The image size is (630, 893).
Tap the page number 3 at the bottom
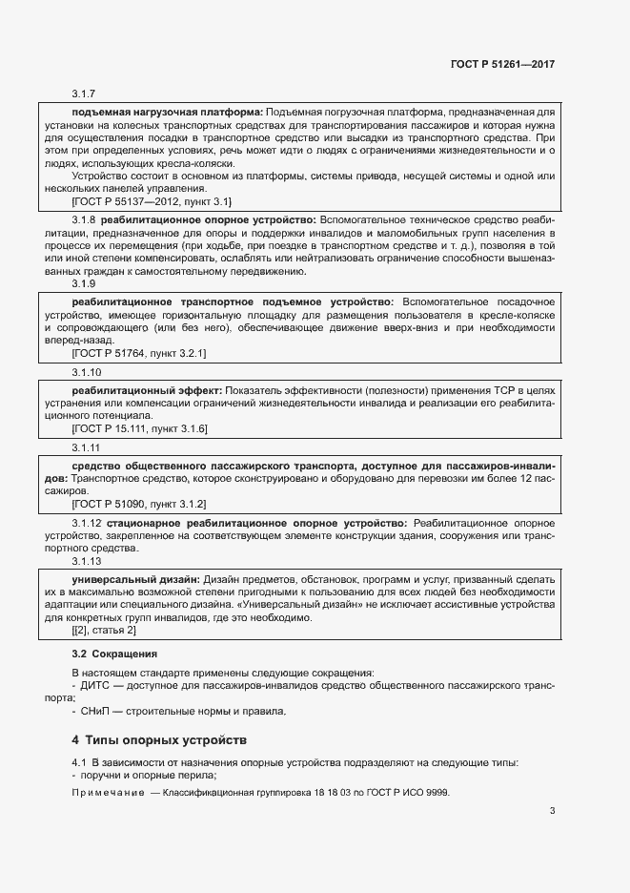552,812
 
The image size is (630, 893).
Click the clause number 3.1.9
84,283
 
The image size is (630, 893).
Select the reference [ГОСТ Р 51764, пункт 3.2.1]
138,353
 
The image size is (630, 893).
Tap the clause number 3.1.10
87,372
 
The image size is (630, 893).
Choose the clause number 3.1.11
87,447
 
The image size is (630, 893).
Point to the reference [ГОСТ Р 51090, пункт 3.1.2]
139,503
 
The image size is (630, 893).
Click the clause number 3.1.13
87,561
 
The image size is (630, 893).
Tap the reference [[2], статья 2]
104,631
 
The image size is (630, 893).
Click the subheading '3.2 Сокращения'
113,654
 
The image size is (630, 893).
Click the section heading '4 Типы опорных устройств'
158,739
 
